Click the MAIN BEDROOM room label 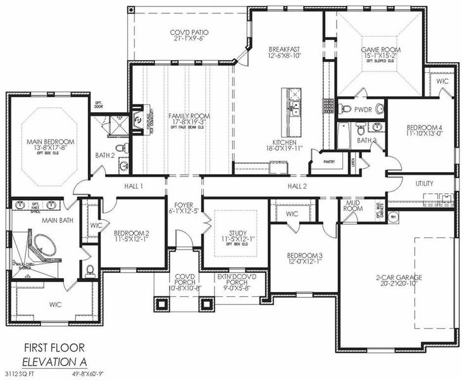[50, 142]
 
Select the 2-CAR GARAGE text [398, 277]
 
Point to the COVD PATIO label [189, 32]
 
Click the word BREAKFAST [283, 49]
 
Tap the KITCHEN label [284, 142]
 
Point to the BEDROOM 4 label [424, 127]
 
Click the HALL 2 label [297, 186]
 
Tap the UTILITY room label [425, 183]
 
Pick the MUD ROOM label [353, 205]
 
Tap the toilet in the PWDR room [344, 109]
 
